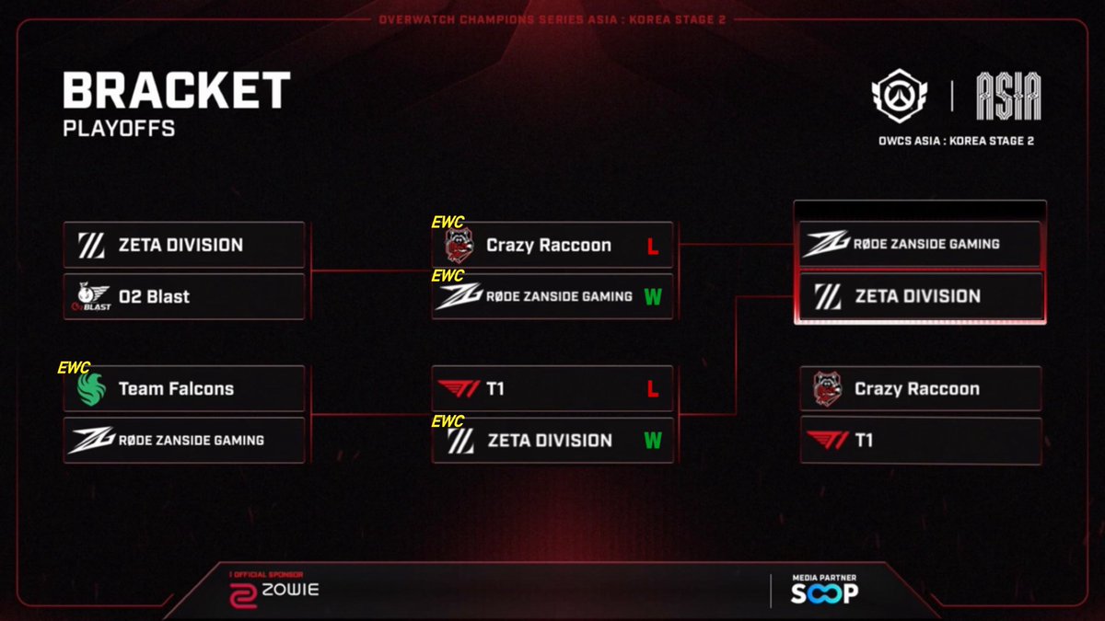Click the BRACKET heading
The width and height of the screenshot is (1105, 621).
tap(177, 90)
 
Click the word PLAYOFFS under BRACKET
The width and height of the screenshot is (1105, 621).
tap(119, 129)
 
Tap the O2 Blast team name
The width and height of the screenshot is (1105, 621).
tap(154, 296)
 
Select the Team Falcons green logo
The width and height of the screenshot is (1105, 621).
tap(91, 389)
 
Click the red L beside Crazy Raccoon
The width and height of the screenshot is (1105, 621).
tap(653, 246)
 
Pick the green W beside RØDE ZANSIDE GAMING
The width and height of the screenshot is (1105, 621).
tap(653, 296)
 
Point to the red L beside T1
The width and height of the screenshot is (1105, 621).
tap(653, 389)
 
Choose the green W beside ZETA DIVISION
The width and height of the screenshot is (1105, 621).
tap(653, 440)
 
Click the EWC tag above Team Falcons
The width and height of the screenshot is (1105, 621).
tap(74, 368)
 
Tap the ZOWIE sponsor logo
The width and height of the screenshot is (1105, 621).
tap(274, 595)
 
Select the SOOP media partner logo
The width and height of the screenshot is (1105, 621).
tap(825, 592)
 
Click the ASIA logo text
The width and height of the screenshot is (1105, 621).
tap(1009, 96)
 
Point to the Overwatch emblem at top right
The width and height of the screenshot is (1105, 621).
tap(900, 96)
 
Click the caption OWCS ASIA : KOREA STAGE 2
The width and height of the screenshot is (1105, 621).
tap(956, 141)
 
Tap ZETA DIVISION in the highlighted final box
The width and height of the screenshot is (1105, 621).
tap(917, 296)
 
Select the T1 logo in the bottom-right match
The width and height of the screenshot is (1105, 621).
tap(827, 440)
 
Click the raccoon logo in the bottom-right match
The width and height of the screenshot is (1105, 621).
tap(827, 389)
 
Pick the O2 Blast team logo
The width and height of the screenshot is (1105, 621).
tap(92, 296)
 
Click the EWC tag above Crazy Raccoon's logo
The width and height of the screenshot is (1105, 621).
tap(448, 223)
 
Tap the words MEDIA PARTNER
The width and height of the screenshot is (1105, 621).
tap(824, 578)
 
